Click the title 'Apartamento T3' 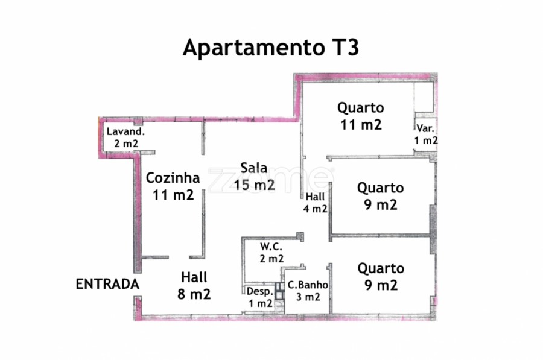271,48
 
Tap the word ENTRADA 107,284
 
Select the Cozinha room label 173,178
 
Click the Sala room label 254,168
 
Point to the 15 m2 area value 254,185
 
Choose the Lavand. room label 125,131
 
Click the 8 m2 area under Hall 194,294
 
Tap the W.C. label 271,247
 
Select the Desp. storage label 260,292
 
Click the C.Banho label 308,285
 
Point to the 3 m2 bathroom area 308,297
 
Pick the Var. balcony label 425,128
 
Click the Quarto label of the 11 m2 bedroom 361,108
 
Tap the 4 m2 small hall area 315,209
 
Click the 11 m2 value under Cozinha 173,195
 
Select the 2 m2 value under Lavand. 126,144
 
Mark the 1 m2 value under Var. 426,140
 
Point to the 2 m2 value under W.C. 272,259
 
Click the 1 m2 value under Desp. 261,303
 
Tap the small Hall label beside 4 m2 315,197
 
